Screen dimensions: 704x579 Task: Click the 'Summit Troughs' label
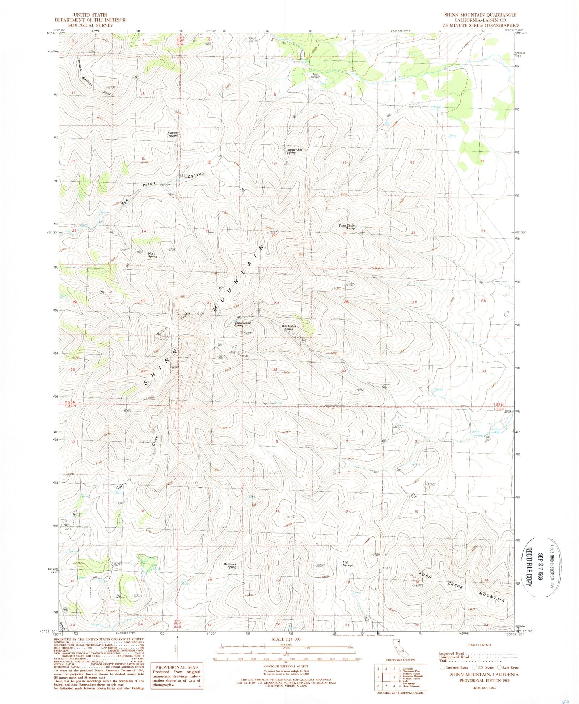pos(172,134)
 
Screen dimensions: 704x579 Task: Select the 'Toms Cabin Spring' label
pos(346,227)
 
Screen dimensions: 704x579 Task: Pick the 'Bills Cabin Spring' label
pos(288,328)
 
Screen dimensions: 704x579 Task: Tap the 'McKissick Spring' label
pos(230,565)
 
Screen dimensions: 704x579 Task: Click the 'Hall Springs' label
pos(347,564)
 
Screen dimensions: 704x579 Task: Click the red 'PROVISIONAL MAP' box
pos(177,676)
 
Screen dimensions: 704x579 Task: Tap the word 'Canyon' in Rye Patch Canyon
pos(196,175)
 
